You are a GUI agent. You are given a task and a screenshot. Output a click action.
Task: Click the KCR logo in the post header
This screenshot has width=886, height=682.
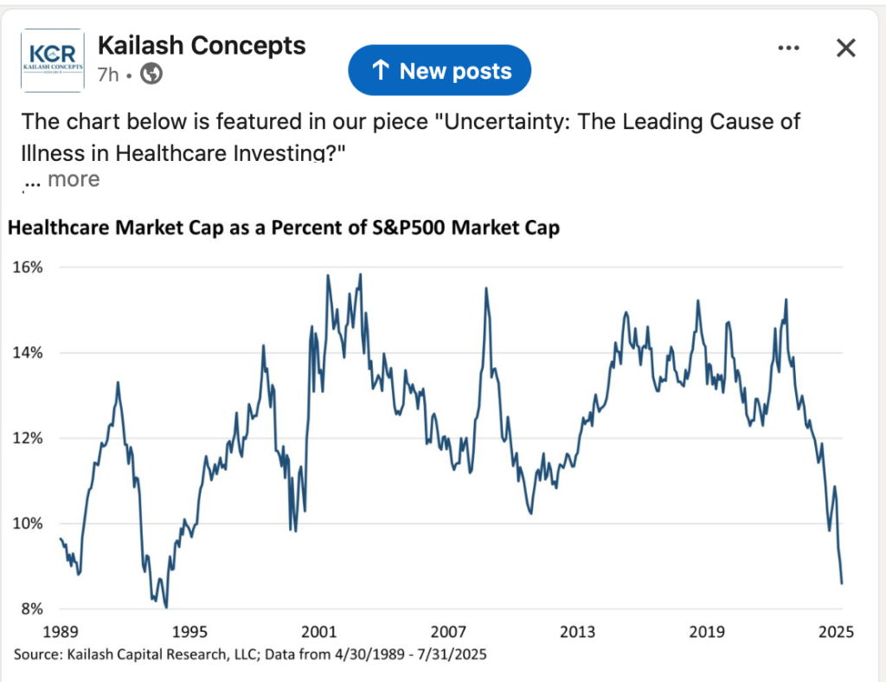[x=52, y=60]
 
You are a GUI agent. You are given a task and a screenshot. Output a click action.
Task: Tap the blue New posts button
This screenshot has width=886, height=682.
[x=440, y=71]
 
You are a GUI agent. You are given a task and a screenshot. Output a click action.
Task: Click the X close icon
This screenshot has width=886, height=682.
[x=845, y=48]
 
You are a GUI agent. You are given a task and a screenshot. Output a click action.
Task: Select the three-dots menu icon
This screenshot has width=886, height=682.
[x=788, y=48]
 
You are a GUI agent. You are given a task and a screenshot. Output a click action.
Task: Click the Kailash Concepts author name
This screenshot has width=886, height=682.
[x=202, y=45]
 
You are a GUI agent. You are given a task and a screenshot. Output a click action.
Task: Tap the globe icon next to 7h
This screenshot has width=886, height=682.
[x=151, y=74]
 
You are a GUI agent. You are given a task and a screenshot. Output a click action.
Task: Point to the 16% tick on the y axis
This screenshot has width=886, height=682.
[x=28, y=267]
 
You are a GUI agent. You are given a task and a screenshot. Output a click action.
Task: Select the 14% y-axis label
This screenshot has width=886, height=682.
[x=28, y=353]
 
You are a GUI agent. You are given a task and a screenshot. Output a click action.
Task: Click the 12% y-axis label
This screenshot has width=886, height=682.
[x=28, y=438]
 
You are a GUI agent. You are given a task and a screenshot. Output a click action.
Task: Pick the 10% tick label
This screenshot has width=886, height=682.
[x=28, y=524]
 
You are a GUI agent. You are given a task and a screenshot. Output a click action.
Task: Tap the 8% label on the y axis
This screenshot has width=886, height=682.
[x=30, y=608]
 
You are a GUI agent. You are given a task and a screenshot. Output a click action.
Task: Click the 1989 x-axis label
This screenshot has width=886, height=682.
[x=60, y=631]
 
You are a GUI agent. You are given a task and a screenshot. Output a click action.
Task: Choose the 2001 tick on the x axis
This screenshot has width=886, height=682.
[x=319, y=631]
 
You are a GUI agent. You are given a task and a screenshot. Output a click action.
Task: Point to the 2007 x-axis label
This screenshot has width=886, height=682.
[x=448, y=631]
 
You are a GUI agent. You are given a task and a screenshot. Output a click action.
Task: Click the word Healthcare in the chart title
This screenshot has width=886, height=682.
[x=56, y=229]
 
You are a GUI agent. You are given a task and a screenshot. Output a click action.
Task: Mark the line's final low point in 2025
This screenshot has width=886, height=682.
[x=842, y=582]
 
